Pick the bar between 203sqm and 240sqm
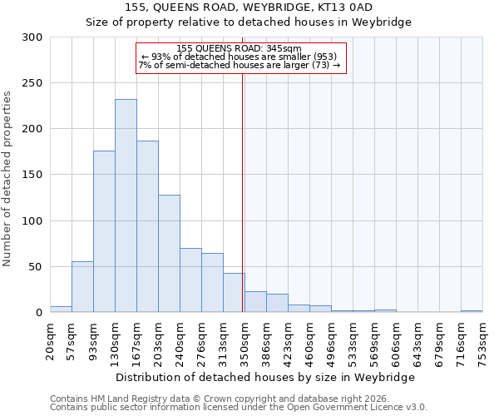coord(169,254)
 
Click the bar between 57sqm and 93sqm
coord(82,287)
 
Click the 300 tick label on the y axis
coord(32,37)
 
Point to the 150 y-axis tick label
coord(32,176)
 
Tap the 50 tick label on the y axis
coord(36,267)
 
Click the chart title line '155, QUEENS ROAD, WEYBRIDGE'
coord(249,7)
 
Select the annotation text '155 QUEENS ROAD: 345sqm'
coord(240,48)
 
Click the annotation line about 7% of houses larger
coord(240,65)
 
